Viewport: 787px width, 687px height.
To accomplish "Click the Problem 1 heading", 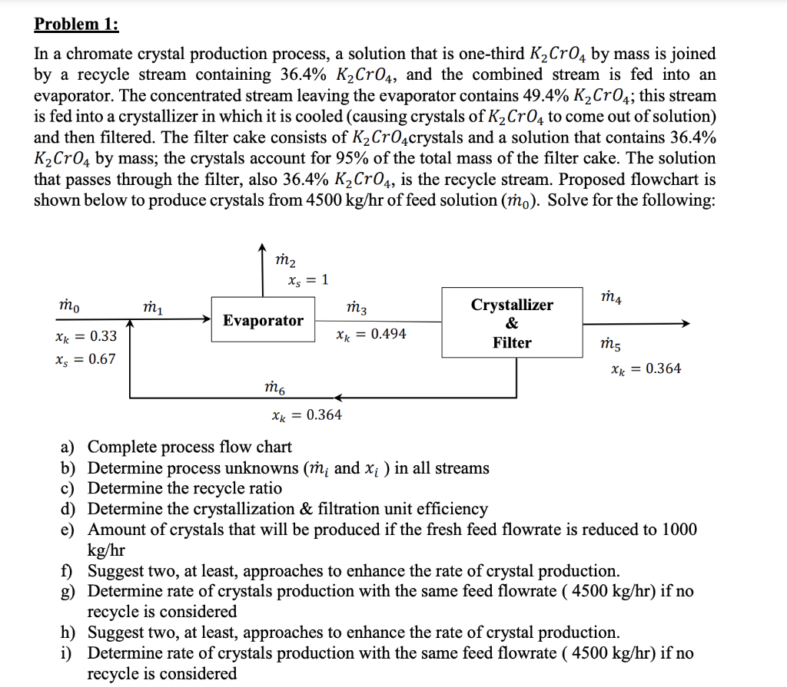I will [x=76, y=23].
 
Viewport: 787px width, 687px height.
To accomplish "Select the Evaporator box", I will [x=263, y=320].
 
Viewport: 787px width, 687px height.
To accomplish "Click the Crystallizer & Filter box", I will [x=512, y=323].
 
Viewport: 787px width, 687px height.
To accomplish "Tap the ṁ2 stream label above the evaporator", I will [x=285, y=261].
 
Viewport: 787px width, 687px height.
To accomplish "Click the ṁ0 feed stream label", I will [x=65, y=307].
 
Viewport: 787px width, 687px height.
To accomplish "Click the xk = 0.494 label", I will [x=371, y=334].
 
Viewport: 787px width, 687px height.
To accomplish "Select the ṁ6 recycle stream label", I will [x=274, y=388].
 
